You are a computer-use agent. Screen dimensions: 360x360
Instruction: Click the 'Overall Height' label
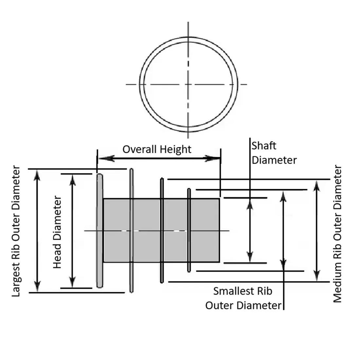tap(157, 149)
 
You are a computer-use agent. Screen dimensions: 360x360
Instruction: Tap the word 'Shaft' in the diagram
tap(264, 146)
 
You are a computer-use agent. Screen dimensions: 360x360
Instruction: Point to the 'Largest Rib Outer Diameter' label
tap(16, 232)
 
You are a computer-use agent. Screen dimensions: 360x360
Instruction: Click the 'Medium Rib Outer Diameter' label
tap(337, 234)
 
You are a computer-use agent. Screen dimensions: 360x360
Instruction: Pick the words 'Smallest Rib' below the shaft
tap(243, 291)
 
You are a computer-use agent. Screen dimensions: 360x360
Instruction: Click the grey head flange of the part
tap(100, 231)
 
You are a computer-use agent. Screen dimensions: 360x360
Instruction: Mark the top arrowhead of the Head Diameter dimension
tap(73, 179)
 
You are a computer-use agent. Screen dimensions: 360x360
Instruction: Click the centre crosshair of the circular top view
tap(188, 84)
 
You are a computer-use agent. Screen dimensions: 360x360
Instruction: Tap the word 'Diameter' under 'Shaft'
tap(274, 160)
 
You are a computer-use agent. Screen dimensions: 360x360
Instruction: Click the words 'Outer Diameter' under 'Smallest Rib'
tap(243, 305)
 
